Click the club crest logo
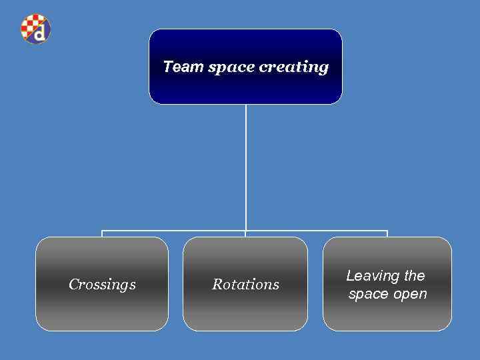click(x=35, y=29)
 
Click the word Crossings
click(x=102, y=285)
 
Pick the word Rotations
click(x=245, y=285)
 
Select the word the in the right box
click(x=414, y=275)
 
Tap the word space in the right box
click(x=367, y=295)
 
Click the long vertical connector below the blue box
click(x=245, y=167)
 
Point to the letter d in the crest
click(x=41, y=32)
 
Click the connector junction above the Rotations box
click(x=245, y=231)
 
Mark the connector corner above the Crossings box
click(x=102, y=231)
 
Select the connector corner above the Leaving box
click(x=387, y=231)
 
